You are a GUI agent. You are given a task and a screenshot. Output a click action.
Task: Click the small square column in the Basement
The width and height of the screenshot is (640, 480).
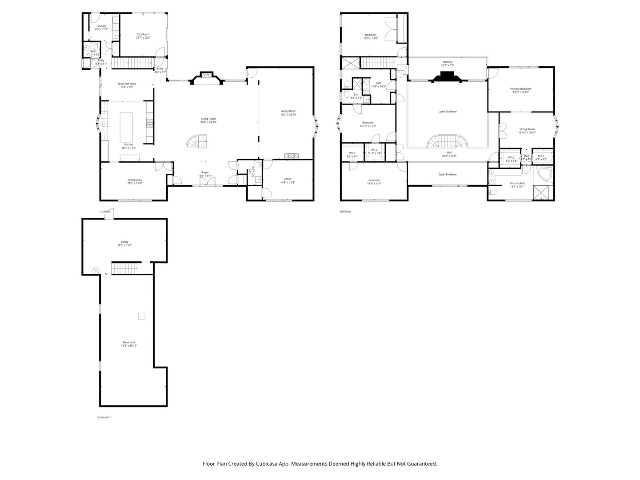click(x=141, y=316)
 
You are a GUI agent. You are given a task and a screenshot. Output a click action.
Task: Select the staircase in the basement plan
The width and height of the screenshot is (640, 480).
click(x=124, y=268)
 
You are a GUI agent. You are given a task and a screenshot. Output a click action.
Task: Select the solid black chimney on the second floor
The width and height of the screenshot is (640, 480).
click(x=447, y=78)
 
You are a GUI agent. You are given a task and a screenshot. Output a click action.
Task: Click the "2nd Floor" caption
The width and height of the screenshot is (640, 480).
click(x=345, y=212)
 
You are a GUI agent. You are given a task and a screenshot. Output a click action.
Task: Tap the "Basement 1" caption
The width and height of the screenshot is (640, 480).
click(x=104, y=417)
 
